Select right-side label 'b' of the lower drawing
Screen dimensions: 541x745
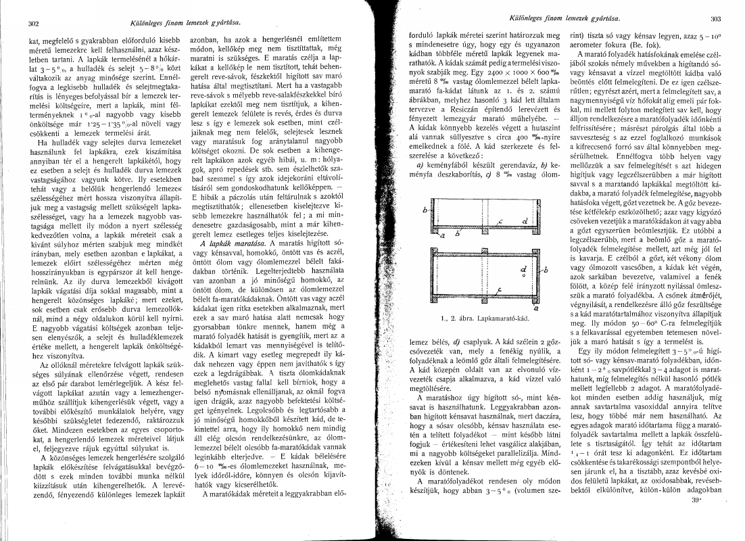[x=546, y=268]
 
